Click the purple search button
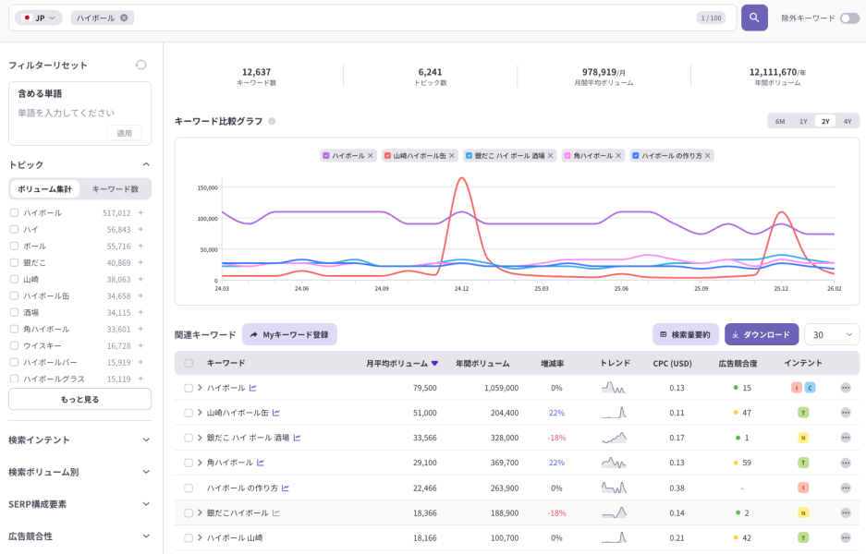pos(754,18)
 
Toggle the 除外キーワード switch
pos(848,18)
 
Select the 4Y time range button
pos(848,121)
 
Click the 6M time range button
pos(780,121)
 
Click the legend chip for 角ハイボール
pos(592,156)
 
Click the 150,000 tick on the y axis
pos(207,187)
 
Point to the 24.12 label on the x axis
pos(461,289)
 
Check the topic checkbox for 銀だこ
pos(14,262)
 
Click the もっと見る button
pos(79,399)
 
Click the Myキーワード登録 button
pos(289,334)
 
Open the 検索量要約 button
pos(685,334)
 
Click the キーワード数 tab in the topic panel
pos(115,189)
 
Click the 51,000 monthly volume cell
pos(424,413)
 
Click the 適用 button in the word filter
pos(124,133)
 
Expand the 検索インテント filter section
pos(79,440)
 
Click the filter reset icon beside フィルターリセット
pos(140,65)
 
